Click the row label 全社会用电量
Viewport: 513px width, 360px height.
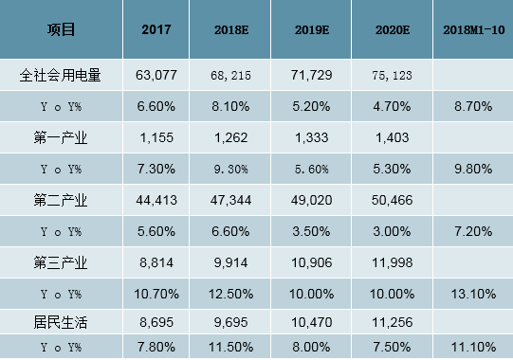pos(62,73)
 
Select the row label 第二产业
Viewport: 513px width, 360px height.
pos(62,199)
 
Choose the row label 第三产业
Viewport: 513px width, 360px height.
pos(62,260)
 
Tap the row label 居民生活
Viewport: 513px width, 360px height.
pos(62,321)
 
